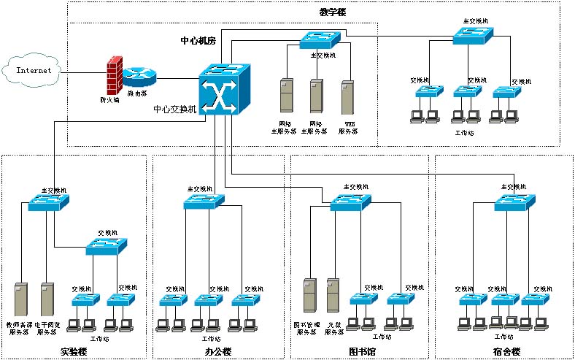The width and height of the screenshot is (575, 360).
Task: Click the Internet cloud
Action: click(x=34, y=71)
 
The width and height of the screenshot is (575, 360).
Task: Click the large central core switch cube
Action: click(x=224, y=88)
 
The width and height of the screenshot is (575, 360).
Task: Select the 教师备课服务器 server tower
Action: click(x=20, y=299)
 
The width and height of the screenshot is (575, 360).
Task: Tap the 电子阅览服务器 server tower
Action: click(x=48, y=299)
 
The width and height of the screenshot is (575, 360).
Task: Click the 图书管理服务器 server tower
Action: click(x=309, y=295)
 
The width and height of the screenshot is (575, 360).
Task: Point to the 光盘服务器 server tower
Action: click(x=333, y=295)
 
